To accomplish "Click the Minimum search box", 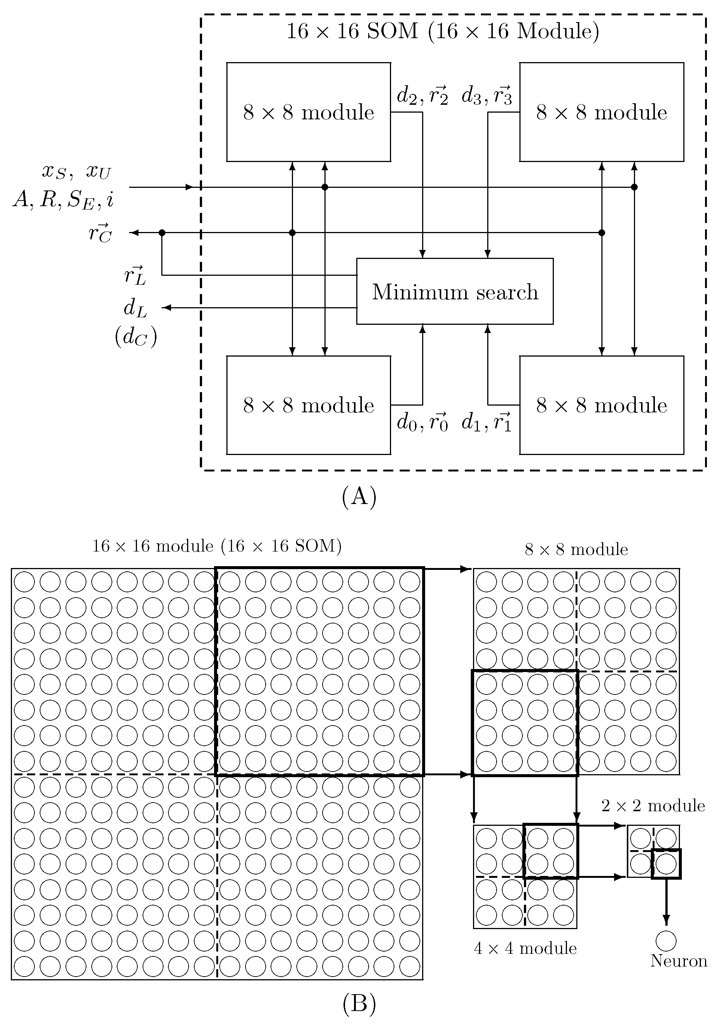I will (x=455, y=291).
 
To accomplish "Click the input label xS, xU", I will (x=76, y=171).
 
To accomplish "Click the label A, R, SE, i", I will (x=63, y=199).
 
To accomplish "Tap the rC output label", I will (x=100, y=233).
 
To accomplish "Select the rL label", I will (x=135, y=275).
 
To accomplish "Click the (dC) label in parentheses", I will (x=136, y=338).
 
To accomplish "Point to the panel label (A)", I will (x=359, y=497).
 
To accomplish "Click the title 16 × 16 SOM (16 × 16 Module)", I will (x=442, y=31).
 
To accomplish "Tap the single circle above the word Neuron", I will (x=666, y=941).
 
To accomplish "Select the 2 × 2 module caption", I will (x=653, y=806).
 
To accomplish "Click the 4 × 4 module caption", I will (x=525, y=948).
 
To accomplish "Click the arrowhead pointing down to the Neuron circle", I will (x=666, y=925).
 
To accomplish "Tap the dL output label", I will (x=135, y=308).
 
